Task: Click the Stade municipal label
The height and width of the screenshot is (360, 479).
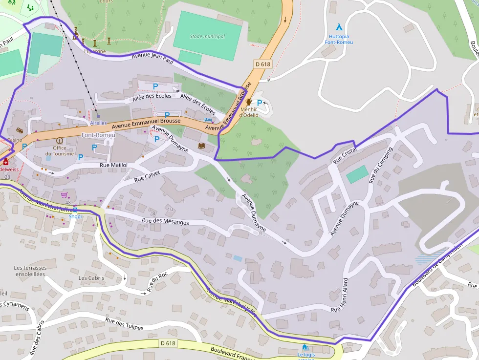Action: pos(207,37)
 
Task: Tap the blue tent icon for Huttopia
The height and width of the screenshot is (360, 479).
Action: pos(339,27)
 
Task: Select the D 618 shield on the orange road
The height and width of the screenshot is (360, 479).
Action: pos(262,64)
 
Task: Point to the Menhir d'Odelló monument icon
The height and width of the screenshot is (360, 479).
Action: pos(249,102)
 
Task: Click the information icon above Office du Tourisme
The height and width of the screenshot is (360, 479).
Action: pos(60,141)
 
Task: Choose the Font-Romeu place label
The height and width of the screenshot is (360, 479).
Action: pos(98,135)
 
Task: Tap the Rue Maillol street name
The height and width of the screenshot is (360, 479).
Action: pos(113,165)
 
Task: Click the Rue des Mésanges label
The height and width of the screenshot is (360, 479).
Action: pos(165,221)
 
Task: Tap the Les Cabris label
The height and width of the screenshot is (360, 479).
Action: pos(91,278)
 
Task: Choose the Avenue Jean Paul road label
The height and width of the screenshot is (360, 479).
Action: pos(152,60)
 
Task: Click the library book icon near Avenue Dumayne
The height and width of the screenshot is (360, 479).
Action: pos(201,146)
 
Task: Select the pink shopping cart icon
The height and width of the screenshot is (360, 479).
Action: pos(64,195)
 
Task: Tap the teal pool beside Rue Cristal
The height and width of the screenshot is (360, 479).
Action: pos(357,174)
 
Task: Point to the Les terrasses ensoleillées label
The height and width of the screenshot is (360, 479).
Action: pos(30,271)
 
